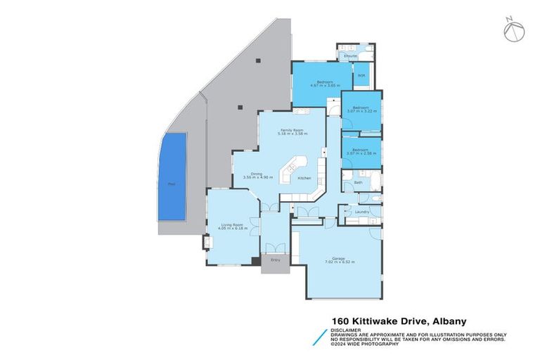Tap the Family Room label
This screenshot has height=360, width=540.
(291, 130)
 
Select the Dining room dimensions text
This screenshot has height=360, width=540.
(257, 177)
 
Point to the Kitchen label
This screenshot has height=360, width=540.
(304, 178)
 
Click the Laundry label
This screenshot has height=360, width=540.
(362, 212)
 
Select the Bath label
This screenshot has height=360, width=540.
(358, 182)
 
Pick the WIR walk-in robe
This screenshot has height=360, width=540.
(361, 76)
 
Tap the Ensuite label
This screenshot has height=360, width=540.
(349, 56)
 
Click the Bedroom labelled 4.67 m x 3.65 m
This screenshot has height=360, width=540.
(324, 82)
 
